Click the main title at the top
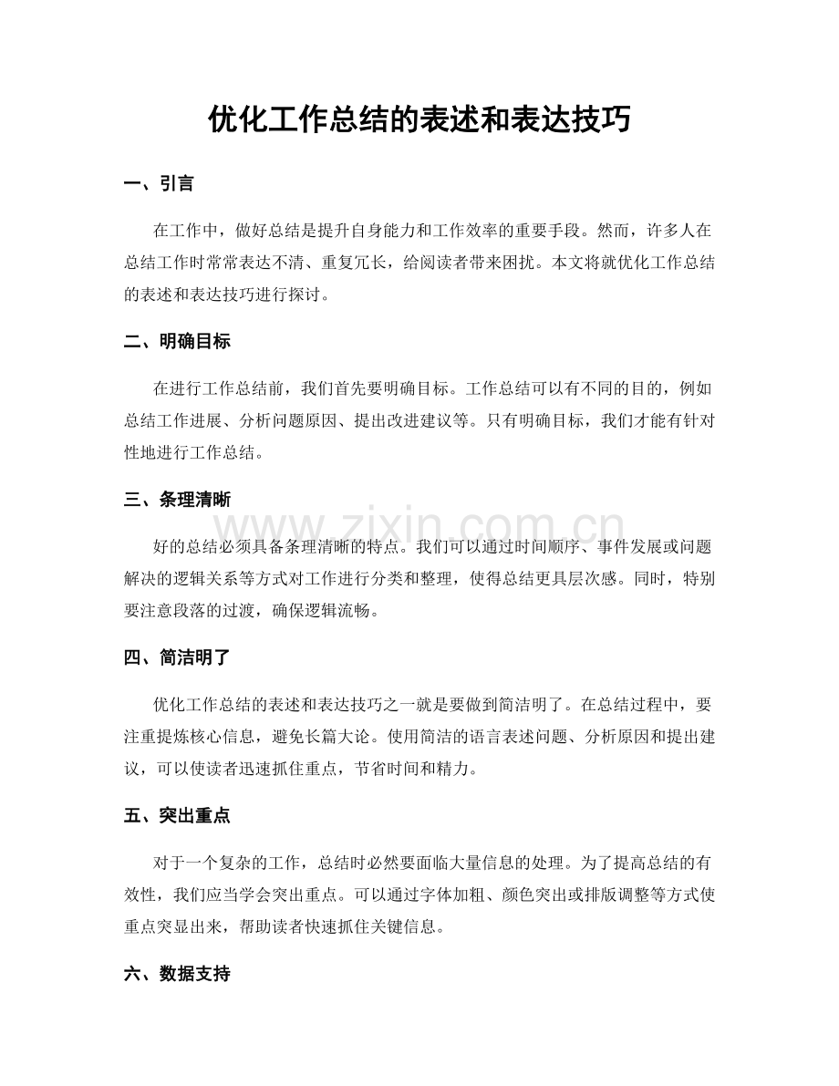coord(419,119)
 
